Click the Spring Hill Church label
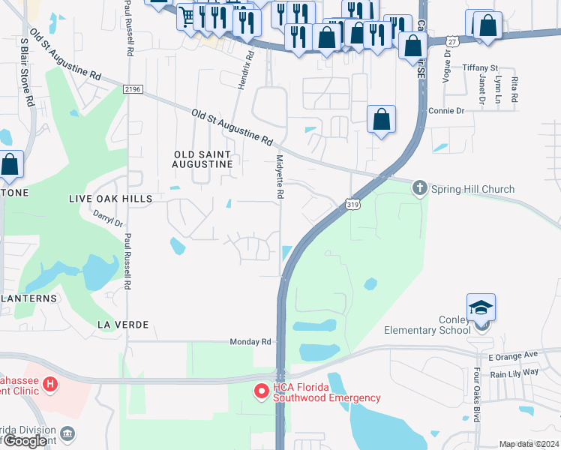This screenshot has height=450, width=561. coord(472,189)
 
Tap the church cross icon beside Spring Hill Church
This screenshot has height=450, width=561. coord(421,188)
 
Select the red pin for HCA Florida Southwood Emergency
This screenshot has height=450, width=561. coord(261,391)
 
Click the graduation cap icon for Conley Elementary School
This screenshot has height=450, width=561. coord(481,307)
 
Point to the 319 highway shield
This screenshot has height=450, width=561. coord(351,203)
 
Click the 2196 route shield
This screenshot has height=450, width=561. coord(133,88)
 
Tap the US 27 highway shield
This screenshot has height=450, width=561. coord(451,41)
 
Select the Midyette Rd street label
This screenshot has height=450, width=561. coord(280,176)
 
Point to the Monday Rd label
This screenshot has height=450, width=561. coord(250,341)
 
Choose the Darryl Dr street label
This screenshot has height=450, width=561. coord(106,218)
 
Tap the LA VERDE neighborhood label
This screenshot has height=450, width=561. coord(123,324)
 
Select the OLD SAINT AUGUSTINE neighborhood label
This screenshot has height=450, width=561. coord(202,158)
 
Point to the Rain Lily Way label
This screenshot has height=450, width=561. coord(514,373)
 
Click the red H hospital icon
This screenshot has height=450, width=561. coord(49,385)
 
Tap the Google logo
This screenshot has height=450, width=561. coord(25,441)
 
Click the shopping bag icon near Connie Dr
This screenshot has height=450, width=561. coord(382,119)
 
